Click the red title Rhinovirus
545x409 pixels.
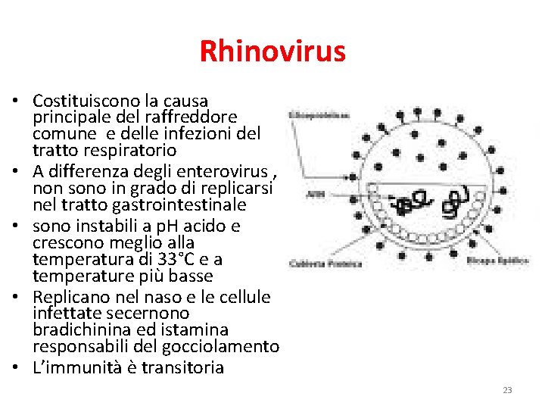click(x=272, y=52)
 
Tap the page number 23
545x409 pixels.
click(x=507, y=390)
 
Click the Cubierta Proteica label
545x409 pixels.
click(x=315, y=264)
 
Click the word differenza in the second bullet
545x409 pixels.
click(x=86, y=170)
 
